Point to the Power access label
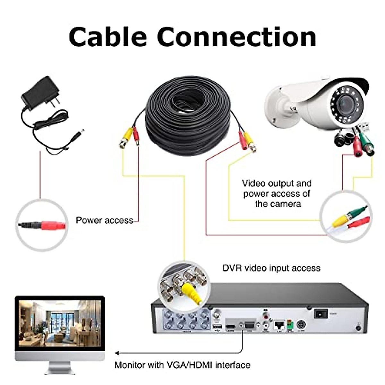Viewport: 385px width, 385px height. click(x=104, y=220)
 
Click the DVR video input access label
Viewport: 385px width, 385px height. click(x=271, y=268)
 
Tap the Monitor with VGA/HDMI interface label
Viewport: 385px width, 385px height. click(x=182, y=365)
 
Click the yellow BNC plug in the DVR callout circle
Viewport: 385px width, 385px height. click(x=191, y=294)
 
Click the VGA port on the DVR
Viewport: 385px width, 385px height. click(x=249, y=326)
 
